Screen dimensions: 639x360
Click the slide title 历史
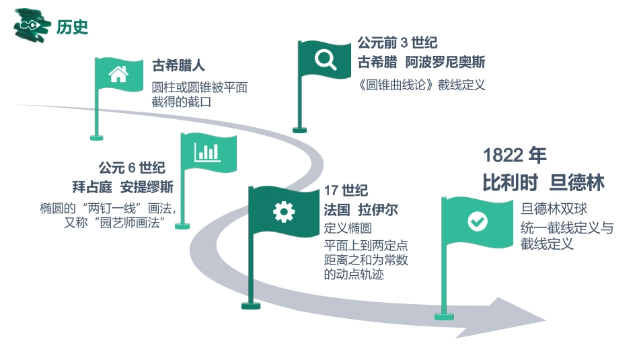73,27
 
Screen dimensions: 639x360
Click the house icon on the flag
118,73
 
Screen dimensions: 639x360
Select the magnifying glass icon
326,59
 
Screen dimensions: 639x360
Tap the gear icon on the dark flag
283,211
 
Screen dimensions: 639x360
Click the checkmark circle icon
477,221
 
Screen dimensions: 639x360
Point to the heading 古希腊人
178,66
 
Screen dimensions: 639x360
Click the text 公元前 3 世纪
397,43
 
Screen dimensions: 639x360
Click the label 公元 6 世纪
132,168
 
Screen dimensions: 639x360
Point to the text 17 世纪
346,191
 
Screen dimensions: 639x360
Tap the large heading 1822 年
515,155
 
